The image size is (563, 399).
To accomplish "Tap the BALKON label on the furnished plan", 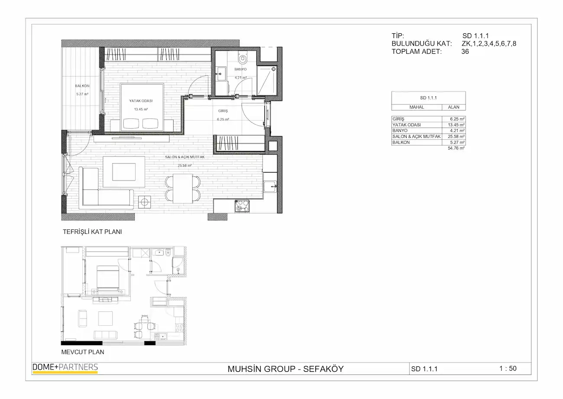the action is pos(82,86).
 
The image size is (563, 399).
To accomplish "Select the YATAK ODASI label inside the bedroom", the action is pos(141,101).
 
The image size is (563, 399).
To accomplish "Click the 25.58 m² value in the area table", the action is pos(456,137).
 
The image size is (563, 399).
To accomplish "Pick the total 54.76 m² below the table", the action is pos(456,148).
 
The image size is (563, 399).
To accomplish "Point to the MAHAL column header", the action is pos(417,107).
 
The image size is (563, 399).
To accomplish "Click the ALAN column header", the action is pos(453,107).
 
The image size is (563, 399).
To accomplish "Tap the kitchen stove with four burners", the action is pos(242,206).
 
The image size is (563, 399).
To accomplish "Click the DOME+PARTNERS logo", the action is pos(65,368).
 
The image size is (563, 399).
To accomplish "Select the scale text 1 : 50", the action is pos(508,369).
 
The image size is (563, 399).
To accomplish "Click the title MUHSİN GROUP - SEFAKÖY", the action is pos(285,369).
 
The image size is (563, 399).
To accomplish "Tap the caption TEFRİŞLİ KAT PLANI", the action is pos(92,232).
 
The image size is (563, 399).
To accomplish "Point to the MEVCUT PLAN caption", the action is pos(83,352).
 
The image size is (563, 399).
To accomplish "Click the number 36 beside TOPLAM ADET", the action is pos(465,52).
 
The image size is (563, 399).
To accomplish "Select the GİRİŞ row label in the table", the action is pos(398,119).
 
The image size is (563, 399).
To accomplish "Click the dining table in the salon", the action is pos(183,189).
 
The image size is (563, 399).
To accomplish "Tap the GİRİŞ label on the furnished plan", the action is pos(223,111).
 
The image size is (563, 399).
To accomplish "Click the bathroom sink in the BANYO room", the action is pos(221,73).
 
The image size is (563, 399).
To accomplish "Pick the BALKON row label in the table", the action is pos(401,142).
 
